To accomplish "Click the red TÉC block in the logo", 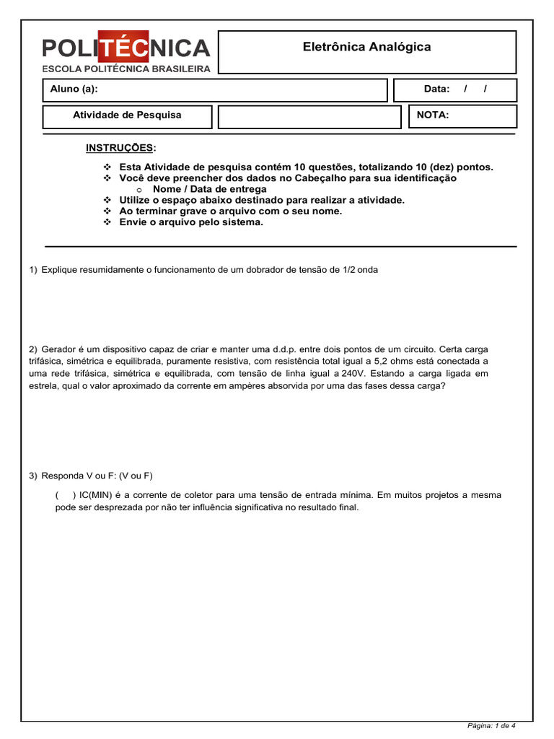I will (x=123, y=48).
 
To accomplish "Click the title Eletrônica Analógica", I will (x=366, y=47).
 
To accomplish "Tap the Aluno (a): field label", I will (x=74, y=89).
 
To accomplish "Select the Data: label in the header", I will (x=436, y=89).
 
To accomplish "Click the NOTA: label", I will (x=433, y=115).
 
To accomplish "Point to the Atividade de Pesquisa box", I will (x=127, y=115).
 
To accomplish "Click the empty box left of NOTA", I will (x=309, y=116).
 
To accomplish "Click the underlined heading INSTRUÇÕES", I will (x=120, y=148).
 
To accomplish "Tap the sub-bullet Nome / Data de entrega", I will (x=209, y=189).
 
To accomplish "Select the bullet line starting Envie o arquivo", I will (x=191, y=222).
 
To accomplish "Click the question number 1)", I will (x=33, y=270).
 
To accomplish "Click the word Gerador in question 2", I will (x=60, y=348).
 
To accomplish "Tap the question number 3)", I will (x=33, y=476).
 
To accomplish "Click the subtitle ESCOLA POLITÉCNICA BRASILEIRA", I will (x=126, y=69).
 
